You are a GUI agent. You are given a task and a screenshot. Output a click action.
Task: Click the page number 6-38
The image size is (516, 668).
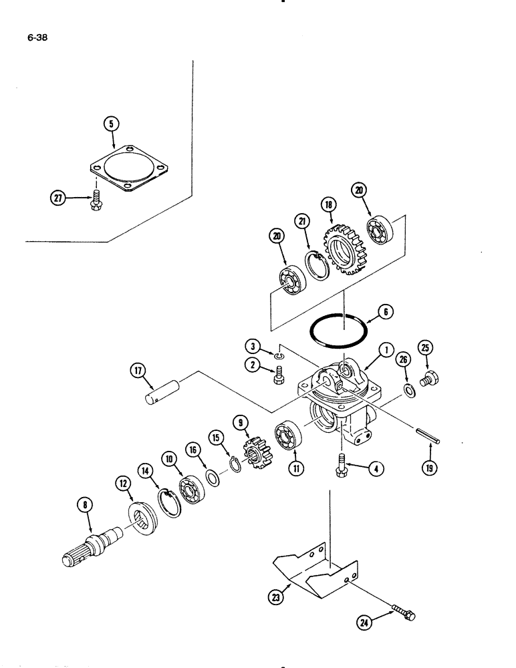pyautogui.click(x=37, y=37)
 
